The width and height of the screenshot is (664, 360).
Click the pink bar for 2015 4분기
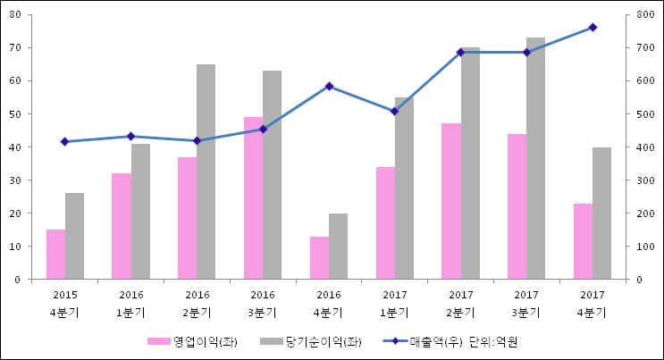click(55, 255)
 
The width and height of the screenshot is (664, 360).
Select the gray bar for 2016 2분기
click(206, 172)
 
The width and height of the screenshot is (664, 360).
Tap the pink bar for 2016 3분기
click(253, 198)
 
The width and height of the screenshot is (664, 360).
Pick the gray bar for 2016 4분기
click(338, 247)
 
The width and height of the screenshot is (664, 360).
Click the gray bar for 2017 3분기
click(535, 158)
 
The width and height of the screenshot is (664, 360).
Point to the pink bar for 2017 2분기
click(450, 201)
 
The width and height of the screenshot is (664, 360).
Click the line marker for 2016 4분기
click(329, 86)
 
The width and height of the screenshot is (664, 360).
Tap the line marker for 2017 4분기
click(593, 28)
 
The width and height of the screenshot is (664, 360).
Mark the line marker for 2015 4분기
click(64, 141)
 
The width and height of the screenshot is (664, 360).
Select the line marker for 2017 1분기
click(394, 112)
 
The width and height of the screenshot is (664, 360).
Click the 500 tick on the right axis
click(642, 114)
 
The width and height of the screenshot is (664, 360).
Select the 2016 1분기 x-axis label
click(130, 303)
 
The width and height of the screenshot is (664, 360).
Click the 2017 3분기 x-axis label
click(526, 303)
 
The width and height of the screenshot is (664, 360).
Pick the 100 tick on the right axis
click(642, 247)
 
